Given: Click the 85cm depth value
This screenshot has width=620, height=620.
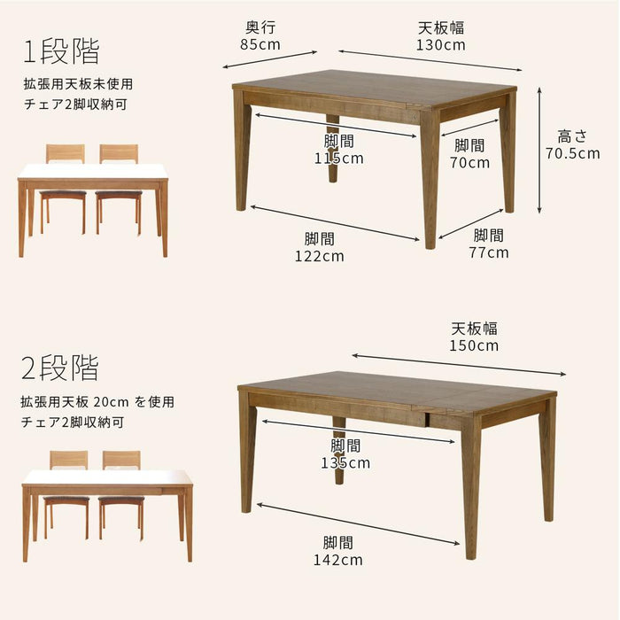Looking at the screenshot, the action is click(x=260, y=44).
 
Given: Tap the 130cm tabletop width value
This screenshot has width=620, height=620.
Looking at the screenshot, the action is click(x=440, y=44).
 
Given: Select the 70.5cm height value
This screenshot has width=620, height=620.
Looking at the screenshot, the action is click(x=572, y=153).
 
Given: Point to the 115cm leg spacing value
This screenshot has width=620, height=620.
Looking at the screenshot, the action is click(x=339, y=159).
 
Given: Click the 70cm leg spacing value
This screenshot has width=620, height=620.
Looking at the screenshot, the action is click(x=469, y=162).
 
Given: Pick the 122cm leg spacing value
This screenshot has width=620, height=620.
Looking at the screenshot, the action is click(x=320, y=256).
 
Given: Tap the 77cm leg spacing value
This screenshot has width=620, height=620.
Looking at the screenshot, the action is click(x=489, y=252).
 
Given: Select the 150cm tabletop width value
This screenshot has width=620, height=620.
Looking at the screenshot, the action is click(x=474, y=345).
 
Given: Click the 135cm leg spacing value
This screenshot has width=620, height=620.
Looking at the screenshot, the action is click(x=345, y=463).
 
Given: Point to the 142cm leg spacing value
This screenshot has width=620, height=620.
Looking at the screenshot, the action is click(x=338, y=560).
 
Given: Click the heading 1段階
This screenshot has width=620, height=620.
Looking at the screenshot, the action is click(x=61, y=51).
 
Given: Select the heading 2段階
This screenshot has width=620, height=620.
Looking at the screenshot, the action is click(x=59, y=368).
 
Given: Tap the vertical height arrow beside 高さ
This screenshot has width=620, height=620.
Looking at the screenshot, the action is click(x=539, y=151).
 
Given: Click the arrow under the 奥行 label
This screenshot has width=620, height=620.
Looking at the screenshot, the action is click(x=269, y=59).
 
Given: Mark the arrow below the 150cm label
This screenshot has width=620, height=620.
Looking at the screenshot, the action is click(x=459, y=365).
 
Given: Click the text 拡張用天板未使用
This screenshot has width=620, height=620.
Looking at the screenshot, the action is click(x=78, y=84).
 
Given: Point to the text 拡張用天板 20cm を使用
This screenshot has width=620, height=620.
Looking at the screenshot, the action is click(x=97, y=402).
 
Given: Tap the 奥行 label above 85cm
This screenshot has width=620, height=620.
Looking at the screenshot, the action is click(x=260, y=27).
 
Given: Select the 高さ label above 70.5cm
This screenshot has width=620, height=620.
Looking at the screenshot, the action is click(x=572, y=136).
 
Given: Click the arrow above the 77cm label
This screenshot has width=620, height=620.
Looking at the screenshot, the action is click(x=470, y=224).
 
